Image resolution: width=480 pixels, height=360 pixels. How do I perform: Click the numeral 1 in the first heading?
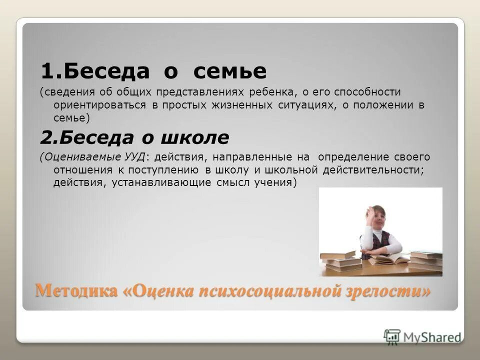(46, 72)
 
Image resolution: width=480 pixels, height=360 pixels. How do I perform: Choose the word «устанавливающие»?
(160, 182)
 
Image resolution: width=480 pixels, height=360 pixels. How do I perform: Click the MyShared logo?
(422, 336)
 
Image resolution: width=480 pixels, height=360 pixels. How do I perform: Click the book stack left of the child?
(340, 260)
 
